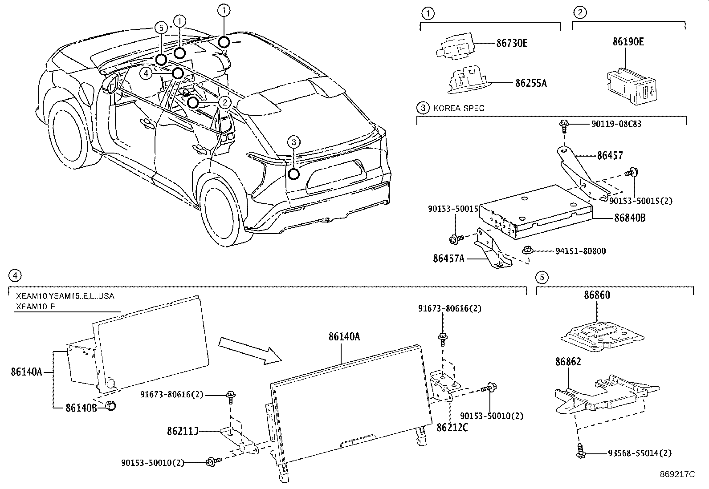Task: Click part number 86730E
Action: [512, 44]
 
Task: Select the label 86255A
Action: [531, 83]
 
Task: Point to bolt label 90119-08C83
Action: [616, 124]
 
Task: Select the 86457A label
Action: [448, 258]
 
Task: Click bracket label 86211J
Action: [182, 431]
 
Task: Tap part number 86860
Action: [597, 295]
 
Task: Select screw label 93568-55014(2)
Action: [640, 453]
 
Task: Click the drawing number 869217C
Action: [677, 474]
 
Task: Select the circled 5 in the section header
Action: [542, 278]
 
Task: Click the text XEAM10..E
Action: [36, 307]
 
